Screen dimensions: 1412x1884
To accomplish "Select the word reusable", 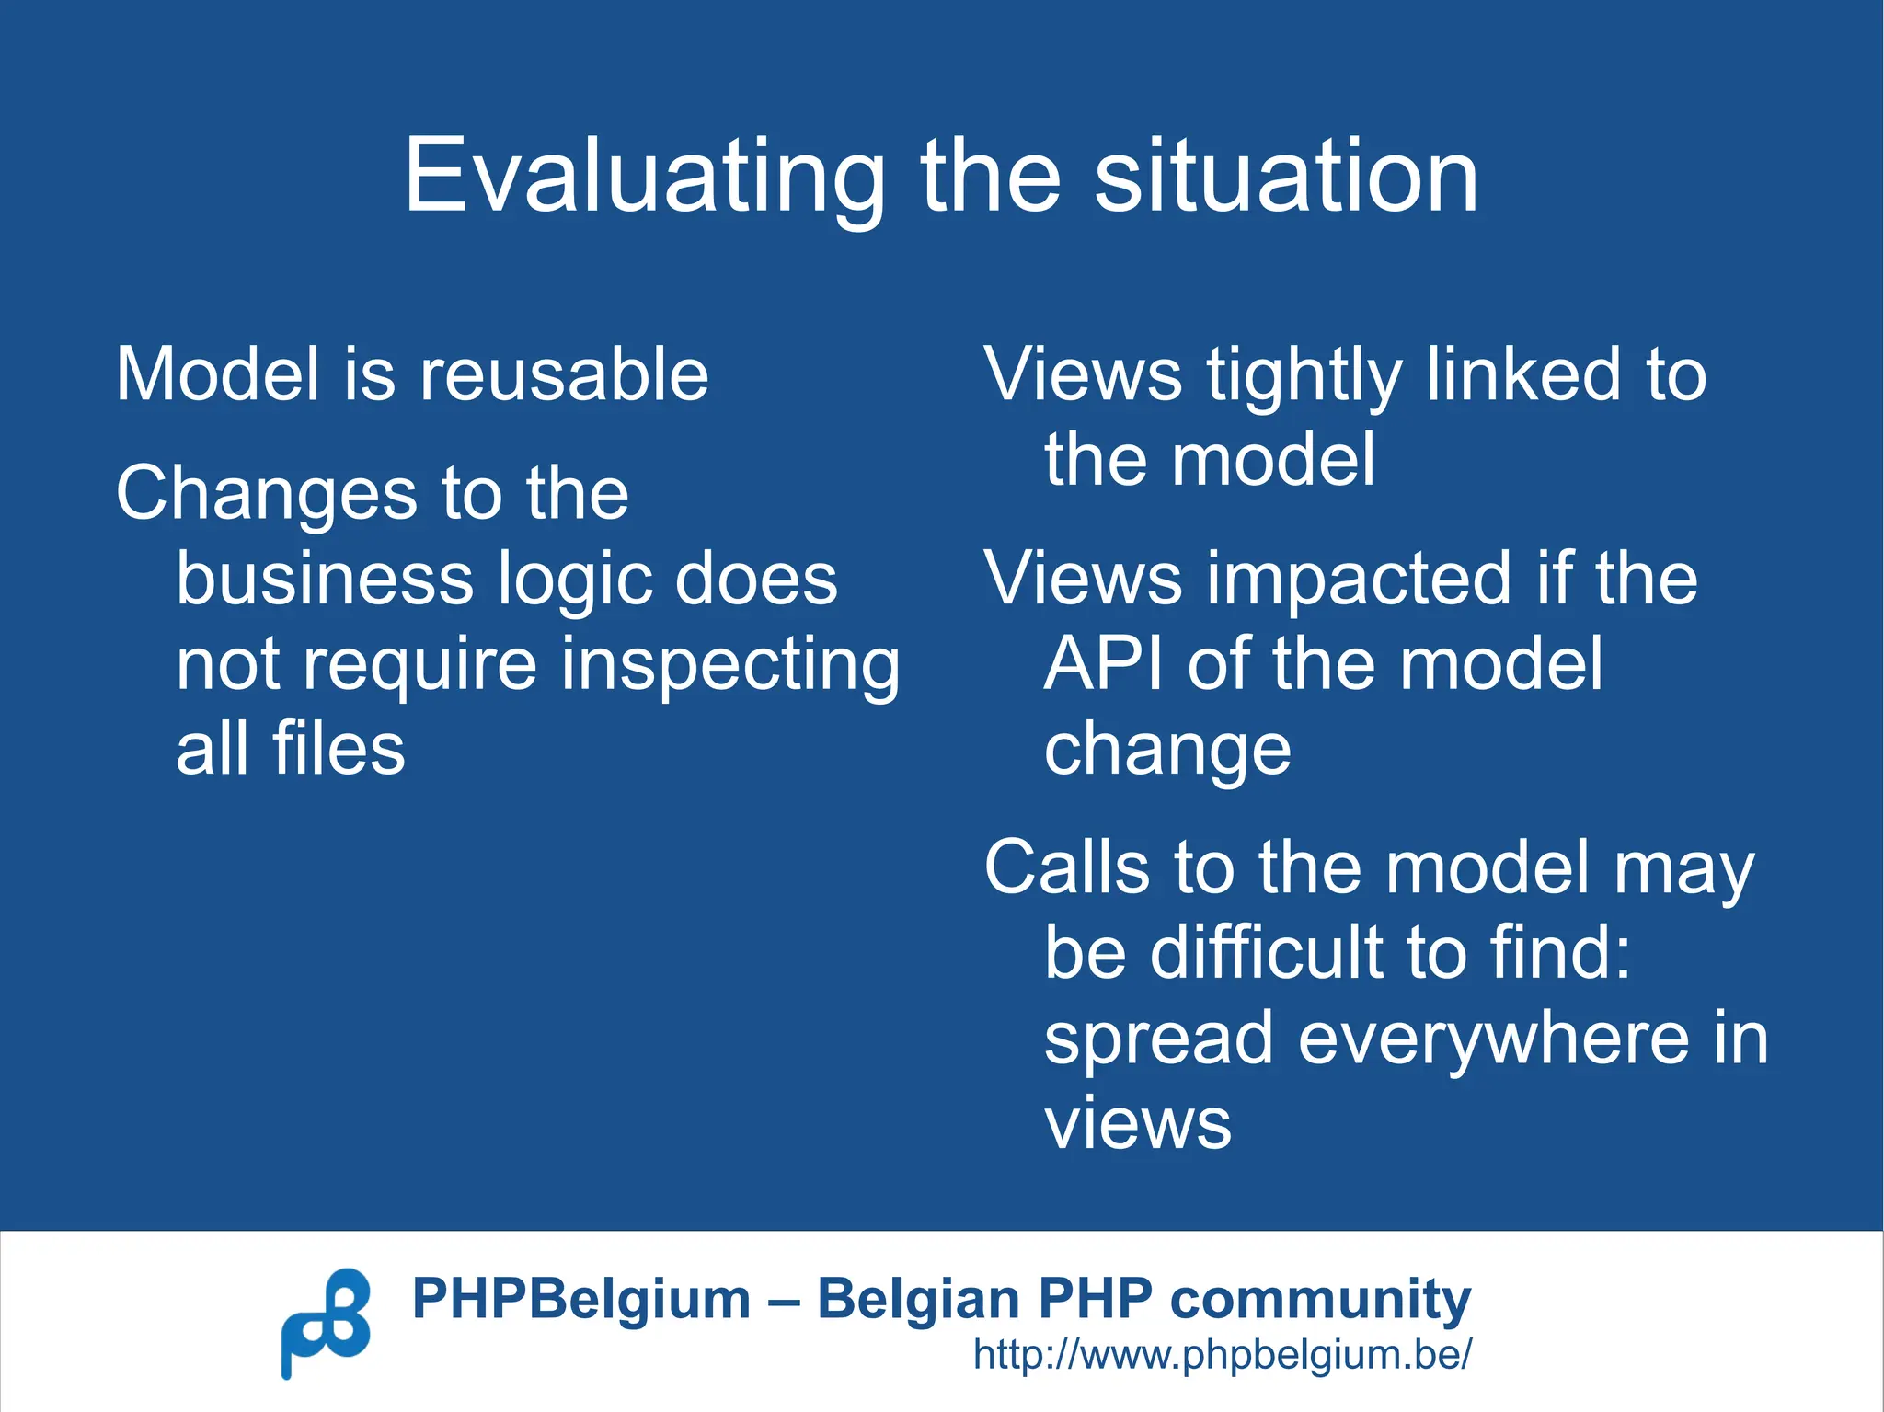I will tap(564, 374).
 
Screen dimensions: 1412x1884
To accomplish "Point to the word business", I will tap(324, 579).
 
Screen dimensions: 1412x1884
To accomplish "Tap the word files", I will tap(338, 748).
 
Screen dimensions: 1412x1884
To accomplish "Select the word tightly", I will tap(1304, 376).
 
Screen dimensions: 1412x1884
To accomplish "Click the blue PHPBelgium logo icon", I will tap(326, 1323).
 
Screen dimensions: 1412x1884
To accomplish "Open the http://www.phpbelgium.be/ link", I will tap(1222, 1355).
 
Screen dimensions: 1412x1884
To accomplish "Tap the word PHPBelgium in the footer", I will tap(580, 1299).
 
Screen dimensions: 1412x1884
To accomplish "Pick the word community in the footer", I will tap(1320, 1299).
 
